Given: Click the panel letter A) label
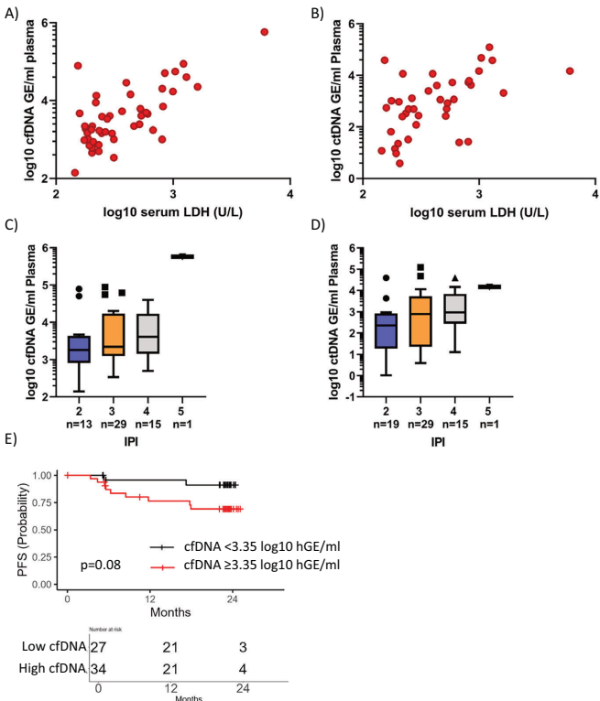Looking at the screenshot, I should pos(12,13).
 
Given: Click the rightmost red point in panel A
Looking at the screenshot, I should pos(265,32).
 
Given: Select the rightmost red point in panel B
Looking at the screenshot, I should pos(570,70).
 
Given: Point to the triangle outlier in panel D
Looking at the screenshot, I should pos(454,277).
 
